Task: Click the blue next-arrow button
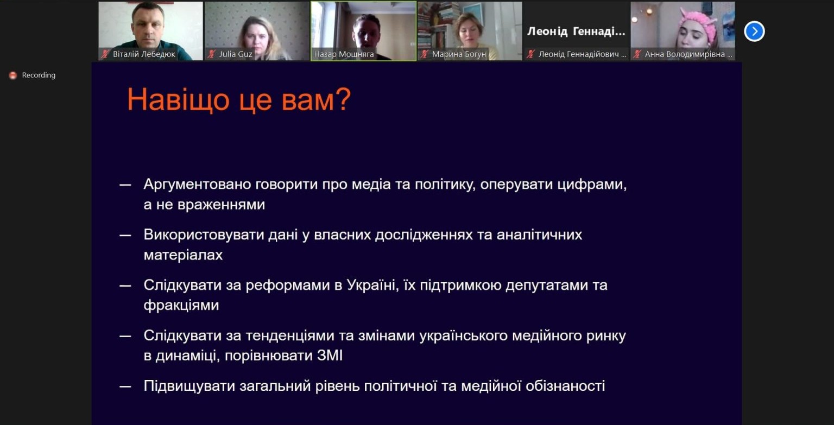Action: click(754, 31)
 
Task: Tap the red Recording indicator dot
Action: click(13, 75)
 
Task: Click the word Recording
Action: click(39, 75)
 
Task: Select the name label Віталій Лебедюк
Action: click(144, 54)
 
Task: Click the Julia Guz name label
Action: click(236, 54)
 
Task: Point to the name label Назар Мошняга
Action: click(344, 54)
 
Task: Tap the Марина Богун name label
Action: click(459, 54)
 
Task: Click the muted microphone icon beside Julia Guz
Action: click(211, 54)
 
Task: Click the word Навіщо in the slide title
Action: click(178, 100)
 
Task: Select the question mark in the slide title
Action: click(343, 99)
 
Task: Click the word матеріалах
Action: click(183, 255)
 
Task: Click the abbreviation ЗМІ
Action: click(330, 356)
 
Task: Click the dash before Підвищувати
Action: click(125, 387)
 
